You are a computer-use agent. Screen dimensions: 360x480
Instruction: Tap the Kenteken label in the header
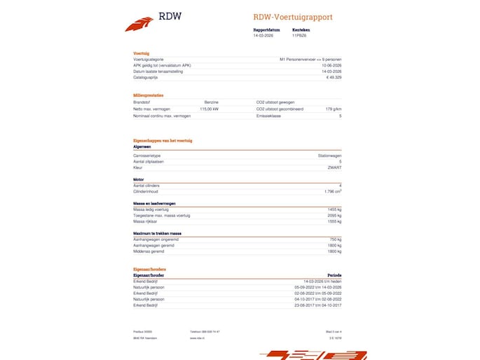pyautogui.click(x=301, y=30)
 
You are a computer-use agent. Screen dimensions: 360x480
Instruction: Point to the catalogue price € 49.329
pyautogui.click(x=332, y=78)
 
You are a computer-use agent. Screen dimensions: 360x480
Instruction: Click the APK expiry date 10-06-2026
pyautogui.click(x=331, y=66)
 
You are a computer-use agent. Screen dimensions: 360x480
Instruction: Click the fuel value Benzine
pyautogui.click(x=211, y=102)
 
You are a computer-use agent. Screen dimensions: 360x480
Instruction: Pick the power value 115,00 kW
pyautogui.click(x=209, y=109)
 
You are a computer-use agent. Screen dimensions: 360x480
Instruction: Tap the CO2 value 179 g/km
pyautogui.click(x=333, y=109)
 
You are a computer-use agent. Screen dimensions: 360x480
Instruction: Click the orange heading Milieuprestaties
pyautogui.click(x=149, y=95)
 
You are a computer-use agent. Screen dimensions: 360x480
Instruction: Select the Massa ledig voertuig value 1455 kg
pyautogui.click(x=333, y=209)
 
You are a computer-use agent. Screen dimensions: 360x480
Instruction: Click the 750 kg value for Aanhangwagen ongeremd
pyautogui.click(x=334, y=239)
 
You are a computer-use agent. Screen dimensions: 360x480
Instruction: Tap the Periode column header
pyautogui.click(x=334, y=275)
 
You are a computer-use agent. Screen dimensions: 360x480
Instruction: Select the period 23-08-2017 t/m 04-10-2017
pyautogui.click(x=318, y=305)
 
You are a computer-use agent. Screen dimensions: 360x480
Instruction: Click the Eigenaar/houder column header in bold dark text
pyautogui.click(x=148, y=275)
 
